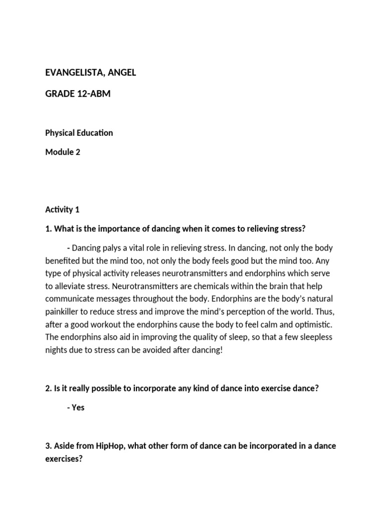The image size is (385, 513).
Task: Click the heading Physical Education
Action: pyautogui.click(x=79, y=133)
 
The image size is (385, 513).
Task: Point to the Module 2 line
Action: pyautogui.click(x=63, y=152)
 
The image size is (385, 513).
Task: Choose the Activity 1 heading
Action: pyautogui.click(x=62, y=209)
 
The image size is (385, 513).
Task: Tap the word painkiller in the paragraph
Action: pyautogui.click(x=64, y=311)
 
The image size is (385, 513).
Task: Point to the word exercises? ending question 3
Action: pyautogui.click(x=64, y=458)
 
